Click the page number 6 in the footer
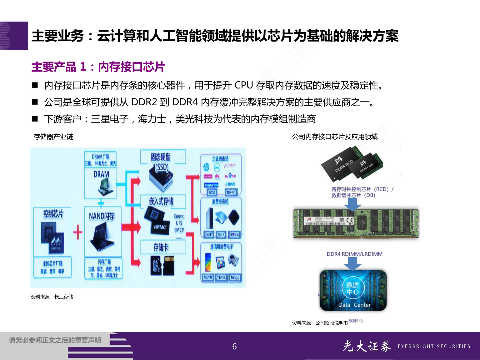(x=234, y=346)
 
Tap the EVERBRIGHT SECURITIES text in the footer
(x=434, y=346)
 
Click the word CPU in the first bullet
(x=243, y=85)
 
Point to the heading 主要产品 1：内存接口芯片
(x=98, y=67)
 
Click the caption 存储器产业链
(x=53, y=137)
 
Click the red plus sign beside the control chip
(x=77, y=232)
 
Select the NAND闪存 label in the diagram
(x=102, y=216)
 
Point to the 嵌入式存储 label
(x=161, y=201)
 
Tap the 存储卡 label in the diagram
(x=161, y=247)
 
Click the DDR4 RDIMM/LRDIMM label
(x=354, y=254)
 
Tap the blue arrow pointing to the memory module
(x=352, y=204)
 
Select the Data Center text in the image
(x=354, y=305)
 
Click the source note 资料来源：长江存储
(x=52, y=297)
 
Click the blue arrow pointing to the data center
(x=352, y=264)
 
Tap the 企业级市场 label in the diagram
(x=220, y=159)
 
